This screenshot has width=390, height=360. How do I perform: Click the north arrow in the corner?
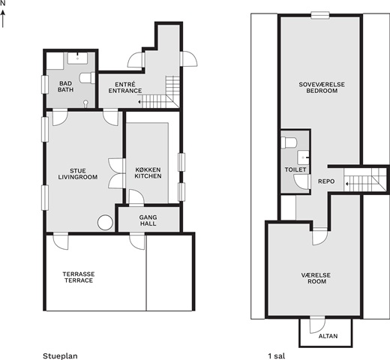coord(3,18)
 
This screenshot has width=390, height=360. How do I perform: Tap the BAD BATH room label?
coord(65,86)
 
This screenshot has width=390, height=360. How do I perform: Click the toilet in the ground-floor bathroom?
coord(87,78)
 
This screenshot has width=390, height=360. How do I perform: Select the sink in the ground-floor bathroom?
coord(77,58)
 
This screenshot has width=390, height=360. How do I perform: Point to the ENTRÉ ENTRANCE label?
coord(125,88)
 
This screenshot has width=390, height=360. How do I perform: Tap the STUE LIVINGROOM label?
coord(78,174)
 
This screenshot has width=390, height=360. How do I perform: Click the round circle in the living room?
coord(105,223)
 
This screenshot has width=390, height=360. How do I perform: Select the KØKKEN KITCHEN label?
coord(148,173)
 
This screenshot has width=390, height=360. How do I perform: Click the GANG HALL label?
coord(148,220)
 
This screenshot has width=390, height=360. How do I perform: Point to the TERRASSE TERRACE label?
coord(79,277)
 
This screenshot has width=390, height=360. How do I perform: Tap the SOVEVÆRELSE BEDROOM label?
coord(322,88)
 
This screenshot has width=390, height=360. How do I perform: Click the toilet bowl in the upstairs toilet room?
coord(289,142)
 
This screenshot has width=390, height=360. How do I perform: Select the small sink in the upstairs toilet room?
coord(304,157)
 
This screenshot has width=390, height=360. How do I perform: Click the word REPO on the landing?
coord(326,181)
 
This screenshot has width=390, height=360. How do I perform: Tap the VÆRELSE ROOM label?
coord(317,278)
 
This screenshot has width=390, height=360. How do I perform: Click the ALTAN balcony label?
coord(328,336)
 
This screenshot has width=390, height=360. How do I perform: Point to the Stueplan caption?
coord(60,356)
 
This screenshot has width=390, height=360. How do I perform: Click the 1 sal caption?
coord(276,356)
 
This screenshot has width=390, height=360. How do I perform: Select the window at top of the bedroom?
coord(320,15)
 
